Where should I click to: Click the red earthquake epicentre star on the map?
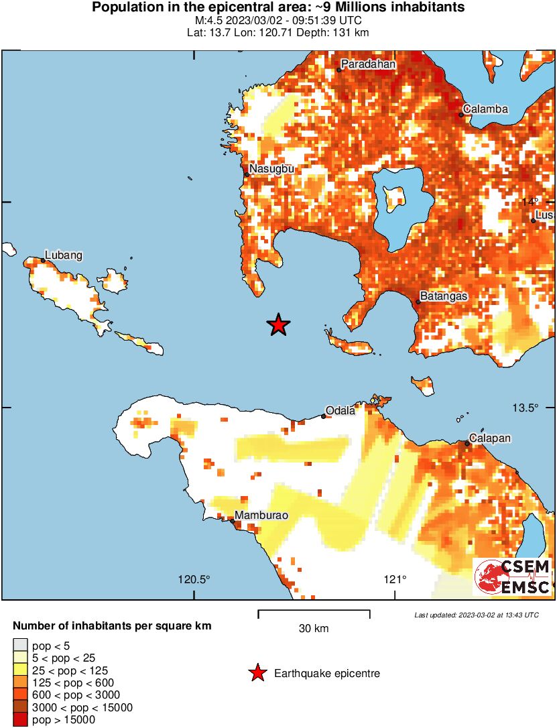point(278,325)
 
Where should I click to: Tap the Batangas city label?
point(443,296)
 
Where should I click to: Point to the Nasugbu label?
point(272,169)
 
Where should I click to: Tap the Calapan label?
point(489,438)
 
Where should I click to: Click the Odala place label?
point(340,411)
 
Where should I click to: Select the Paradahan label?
point(368,64)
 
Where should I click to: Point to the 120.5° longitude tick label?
point(194,580)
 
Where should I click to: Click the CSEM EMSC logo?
point(513,577)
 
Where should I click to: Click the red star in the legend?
point(257,674)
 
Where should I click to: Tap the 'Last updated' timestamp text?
point(476,615)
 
